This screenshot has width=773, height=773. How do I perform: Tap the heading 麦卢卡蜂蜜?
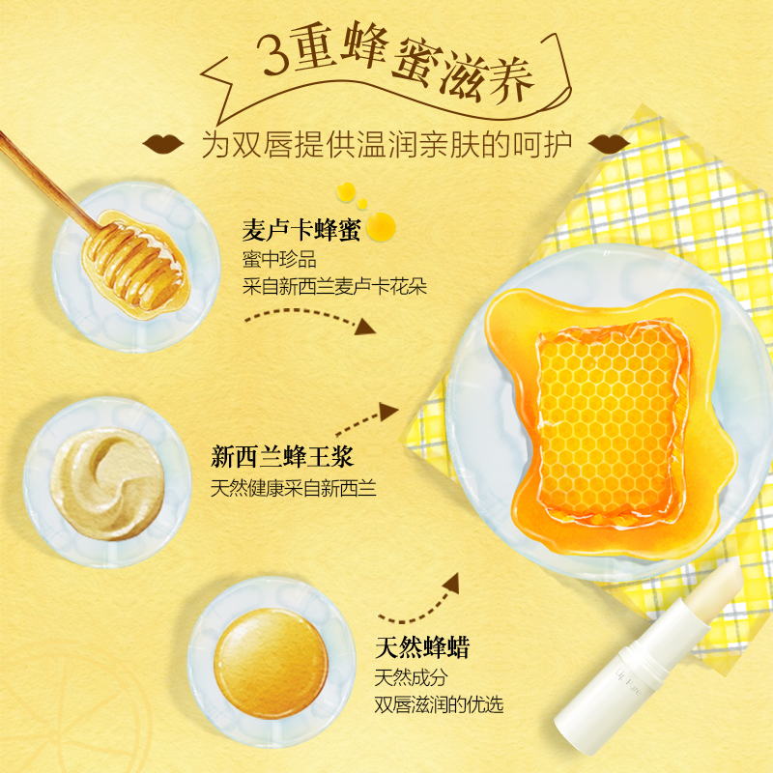pos(301,230)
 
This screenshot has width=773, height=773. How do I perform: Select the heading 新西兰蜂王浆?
pos(282,456)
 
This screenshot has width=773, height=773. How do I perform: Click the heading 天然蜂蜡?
pos(422,647)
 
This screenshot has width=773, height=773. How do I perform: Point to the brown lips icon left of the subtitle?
pos(163,143)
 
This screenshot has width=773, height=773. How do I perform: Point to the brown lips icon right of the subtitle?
pos(610,143)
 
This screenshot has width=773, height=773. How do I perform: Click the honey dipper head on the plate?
pos(135,265)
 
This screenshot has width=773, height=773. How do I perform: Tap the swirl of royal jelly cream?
pos(107,483)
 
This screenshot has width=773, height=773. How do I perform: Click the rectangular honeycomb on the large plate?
pos(612,424)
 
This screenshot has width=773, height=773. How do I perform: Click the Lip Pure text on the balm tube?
pos(628,682)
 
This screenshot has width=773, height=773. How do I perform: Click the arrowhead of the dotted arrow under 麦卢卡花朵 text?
pos(365,327)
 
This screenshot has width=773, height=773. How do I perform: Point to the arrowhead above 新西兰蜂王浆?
pos(388,412)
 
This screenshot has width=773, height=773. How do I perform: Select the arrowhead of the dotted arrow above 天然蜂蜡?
pos(451,584)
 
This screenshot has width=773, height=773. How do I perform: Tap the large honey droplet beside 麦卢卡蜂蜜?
pos(381,227)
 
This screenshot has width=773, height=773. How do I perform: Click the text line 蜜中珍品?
pos(279,259)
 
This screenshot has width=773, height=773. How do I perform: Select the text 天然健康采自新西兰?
pos(294,488)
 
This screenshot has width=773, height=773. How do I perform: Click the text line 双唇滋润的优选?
pos(439,704)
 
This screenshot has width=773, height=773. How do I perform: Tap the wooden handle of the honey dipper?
pos(46,180)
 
